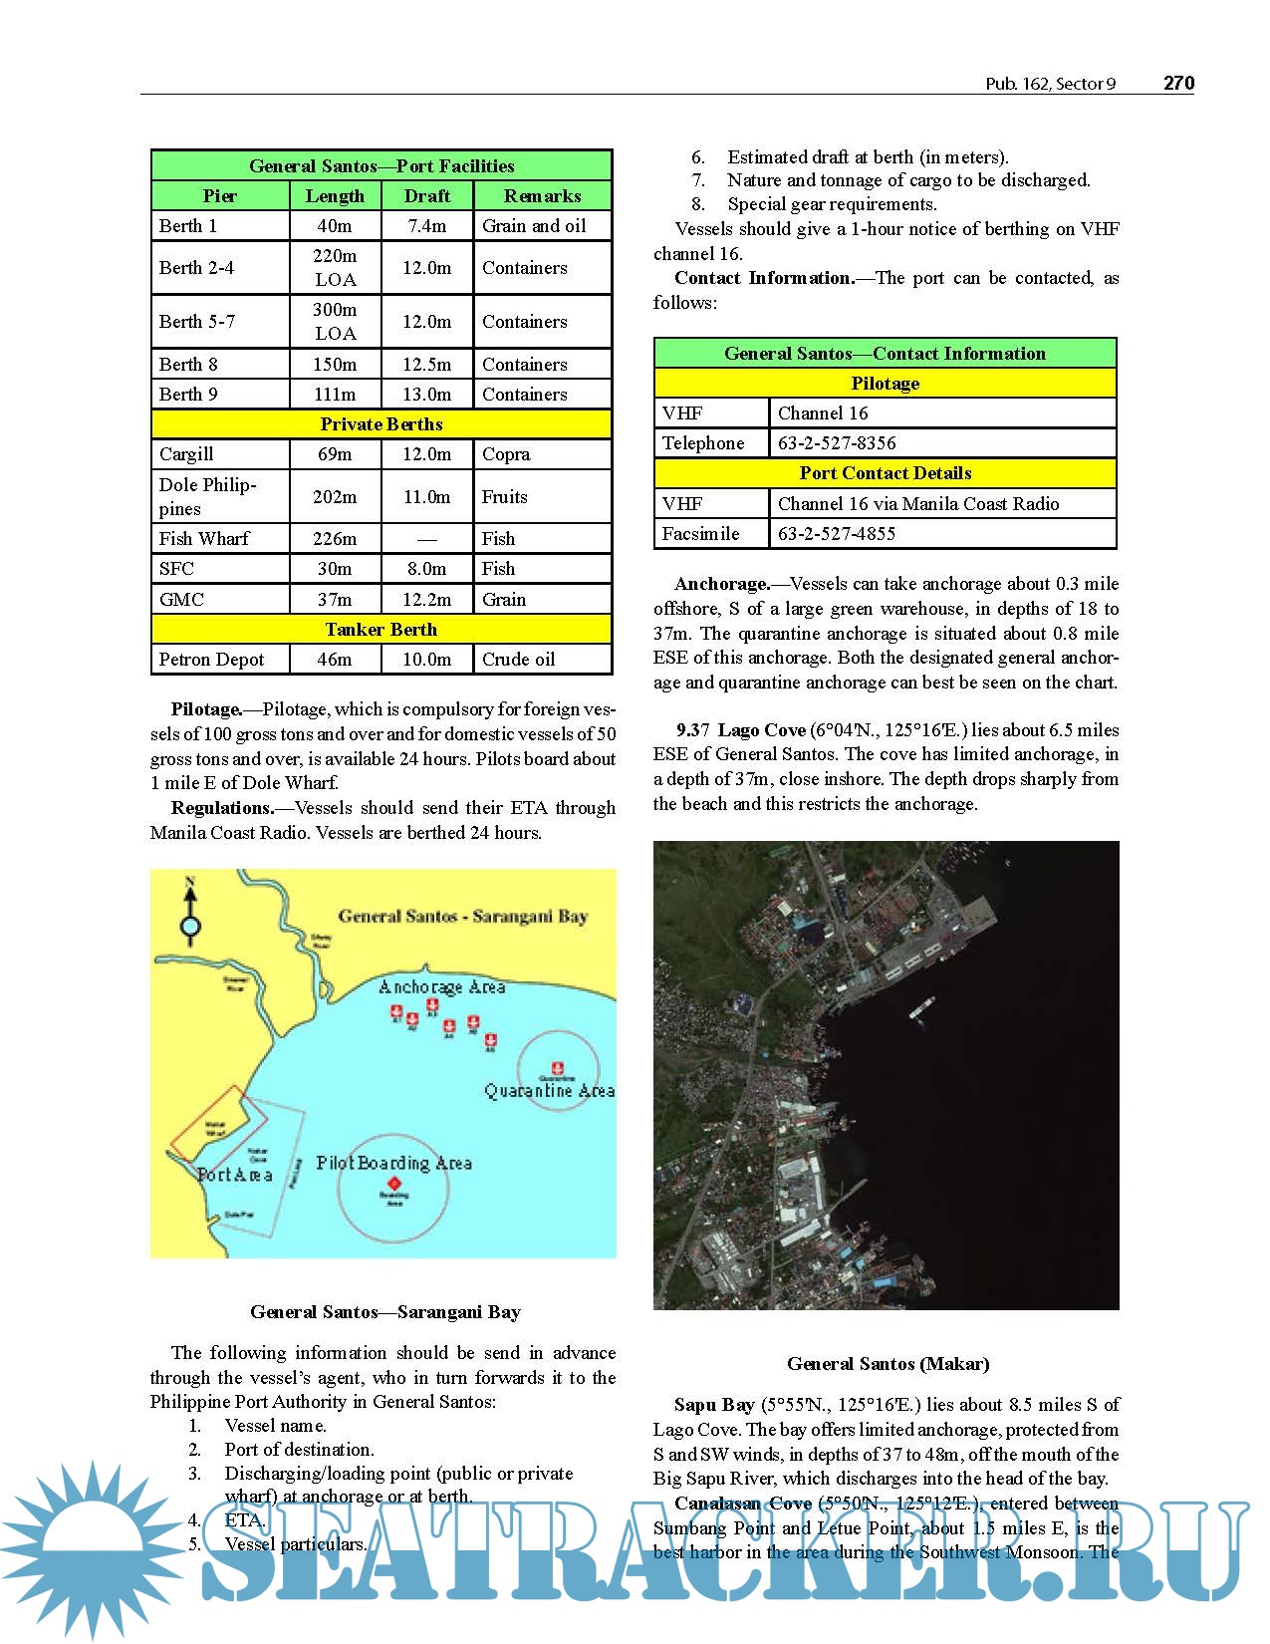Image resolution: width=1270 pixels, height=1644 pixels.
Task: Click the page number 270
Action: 1178,83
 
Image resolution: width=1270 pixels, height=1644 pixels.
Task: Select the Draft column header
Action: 427,196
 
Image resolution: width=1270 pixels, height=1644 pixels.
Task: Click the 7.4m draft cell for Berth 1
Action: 427,226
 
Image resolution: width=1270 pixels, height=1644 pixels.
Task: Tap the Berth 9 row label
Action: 188,395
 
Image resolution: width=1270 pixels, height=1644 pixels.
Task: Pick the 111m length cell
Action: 335,395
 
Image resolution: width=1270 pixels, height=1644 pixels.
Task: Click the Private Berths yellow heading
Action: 381,424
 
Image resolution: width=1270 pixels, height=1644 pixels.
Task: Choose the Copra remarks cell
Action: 506,454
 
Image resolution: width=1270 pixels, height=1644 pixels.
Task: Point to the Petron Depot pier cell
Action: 211,660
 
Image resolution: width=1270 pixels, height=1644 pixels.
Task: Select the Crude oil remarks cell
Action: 518,660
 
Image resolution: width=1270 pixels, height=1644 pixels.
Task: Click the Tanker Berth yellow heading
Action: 381,630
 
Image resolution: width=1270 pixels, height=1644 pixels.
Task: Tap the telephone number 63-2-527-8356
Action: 837,443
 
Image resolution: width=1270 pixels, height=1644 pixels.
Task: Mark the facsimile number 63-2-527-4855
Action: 837,534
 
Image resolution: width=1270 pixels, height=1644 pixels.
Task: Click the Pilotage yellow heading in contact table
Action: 885,384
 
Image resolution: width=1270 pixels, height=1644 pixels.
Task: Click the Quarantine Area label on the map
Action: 549,1091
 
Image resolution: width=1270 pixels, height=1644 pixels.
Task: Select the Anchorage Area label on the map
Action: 441,987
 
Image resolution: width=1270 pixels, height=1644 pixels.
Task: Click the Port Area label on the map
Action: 235,1175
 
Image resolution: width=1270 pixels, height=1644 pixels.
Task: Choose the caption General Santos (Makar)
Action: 888,1364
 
